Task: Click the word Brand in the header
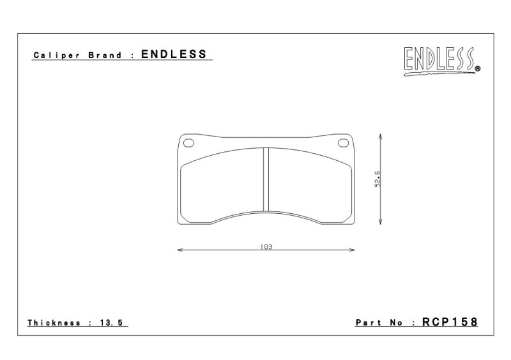click(x=105, y=55)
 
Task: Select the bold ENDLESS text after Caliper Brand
click(x=174, y=54)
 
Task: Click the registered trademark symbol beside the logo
click(x=478, y=69)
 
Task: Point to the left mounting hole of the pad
click(x=188, y=143)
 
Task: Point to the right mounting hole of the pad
click(x=343, y=143)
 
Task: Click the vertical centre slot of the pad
click(x=266, y=179)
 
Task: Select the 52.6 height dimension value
click(x=378, y=179)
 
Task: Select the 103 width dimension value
click(x=266, y=246)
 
